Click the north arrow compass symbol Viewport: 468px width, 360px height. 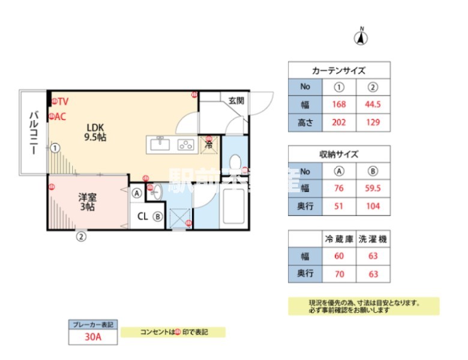pos(361,38)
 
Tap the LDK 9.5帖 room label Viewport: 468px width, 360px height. pos(96,132)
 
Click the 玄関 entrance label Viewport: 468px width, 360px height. pos(235,101)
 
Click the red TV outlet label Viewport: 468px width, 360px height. pos(59,101)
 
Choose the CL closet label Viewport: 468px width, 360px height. pos(143,217)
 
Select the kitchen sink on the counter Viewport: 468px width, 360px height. pos(161,144)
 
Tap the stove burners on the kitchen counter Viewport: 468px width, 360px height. pos(185,144)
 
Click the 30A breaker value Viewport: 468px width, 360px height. pos(93,337)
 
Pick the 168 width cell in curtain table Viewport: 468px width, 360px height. pos(339,104)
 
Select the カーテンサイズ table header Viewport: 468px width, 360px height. pos(339,70)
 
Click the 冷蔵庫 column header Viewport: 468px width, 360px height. pos(339,239)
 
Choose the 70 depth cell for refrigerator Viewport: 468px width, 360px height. pos(339,273)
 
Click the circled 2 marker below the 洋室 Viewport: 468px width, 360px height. pos(81,236)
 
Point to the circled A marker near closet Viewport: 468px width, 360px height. pos(137,193)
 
